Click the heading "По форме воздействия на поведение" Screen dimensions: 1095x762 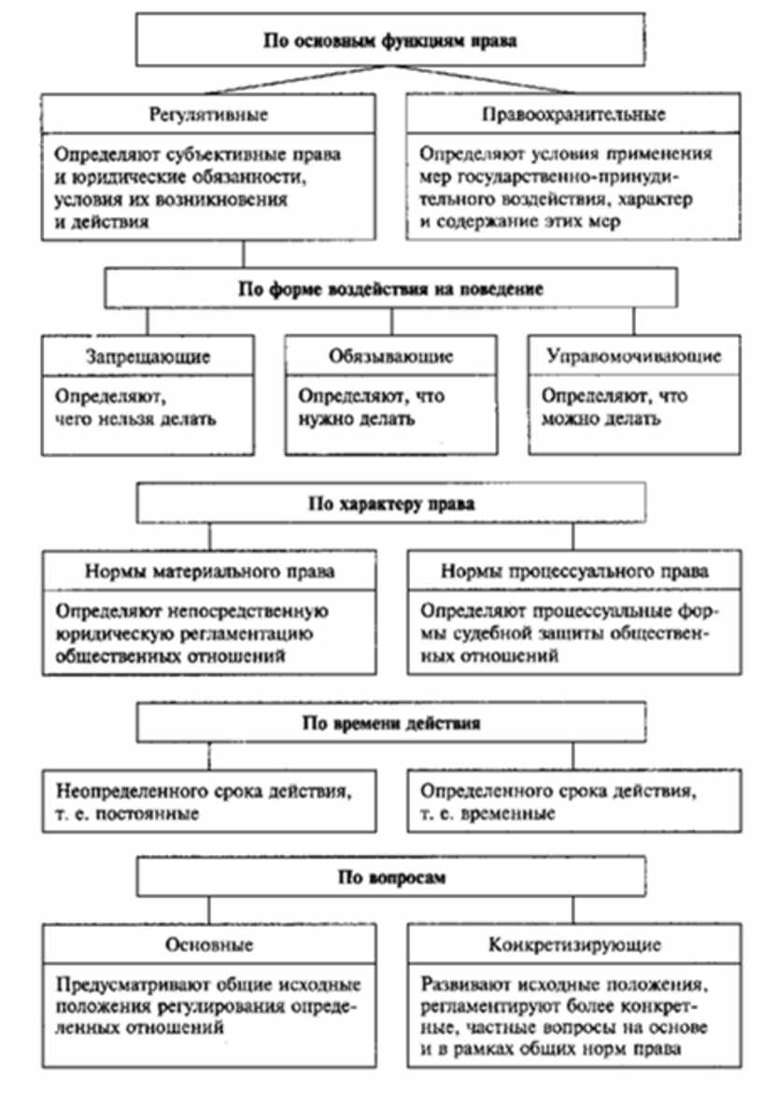click(x=390, y=289)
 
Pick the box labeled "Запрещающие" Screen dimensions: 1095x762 click(x=148, y=357)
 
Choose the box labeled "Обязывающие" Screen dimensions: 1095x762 click(x=390, y=357)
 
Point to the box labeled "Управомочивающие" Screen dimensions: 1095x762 click(x=633, y=357)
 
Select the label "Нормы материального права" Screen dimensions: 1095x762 click(x=209, y=571)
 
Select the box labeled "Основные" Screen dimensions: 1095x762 click(x=209, y=945)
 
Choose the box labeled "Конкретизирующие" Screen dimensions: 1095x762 click(x=573, y=945)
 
